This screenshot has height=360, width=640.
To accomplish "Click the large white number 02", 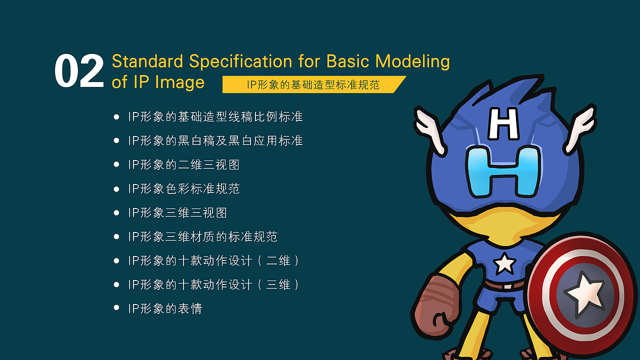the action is [79, 71].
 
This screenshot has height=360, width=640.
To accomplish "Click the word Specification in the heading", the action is [240, 61].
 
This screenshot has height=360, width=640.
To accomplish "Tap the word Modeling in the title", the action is [412, 61].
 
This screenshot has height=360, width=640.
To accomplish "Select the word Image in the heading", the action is [179, 82].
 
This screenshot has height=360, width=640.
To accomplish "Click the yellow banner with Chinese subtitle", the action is [313, 84].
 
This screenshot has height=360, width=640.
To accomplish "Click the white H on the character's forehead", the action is [503, 123].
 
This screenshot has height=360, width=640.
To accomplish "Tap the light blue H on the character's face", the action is [503, 171].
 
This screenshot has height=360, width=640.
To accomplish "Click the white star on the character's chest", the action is [504, 263].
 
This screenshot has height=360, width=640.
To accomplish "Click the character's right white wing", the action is [580, 128].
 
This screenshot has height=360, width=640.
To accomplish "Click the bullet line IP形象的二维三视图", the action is [183, 165].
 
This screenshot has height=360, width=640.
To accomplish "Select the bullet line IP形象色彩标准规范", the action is [183, 189].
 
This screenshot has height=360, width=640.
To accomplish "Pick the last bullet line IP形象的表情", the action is [165, 309].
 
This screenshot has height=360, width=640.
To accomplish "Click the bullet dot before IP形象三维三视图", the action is [116, 213].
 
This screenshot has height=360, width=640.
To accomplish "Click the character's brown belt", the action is [505, 285].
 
